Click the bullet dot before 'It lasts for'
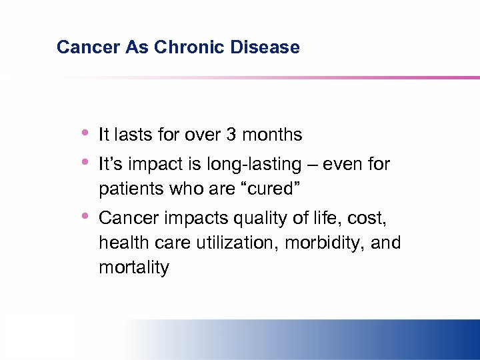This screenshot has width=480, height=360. pyautogui.click(x=85, y=132)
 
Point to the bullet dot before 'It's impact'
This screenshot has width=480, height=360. pyautogui.click(x=85, y=161)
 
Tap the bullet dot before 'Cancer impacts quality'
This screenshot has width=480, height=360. pyautogui.click(x=85, y=215)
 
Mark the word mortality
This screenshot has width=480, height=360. pyautogui.click(x=134, y=268)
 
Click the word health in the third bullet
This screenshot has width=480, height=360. pyautogui.click(x=121, y=243)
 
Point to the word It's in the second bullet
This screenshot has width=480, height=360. pyautogui.click(x=110, y=164)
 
